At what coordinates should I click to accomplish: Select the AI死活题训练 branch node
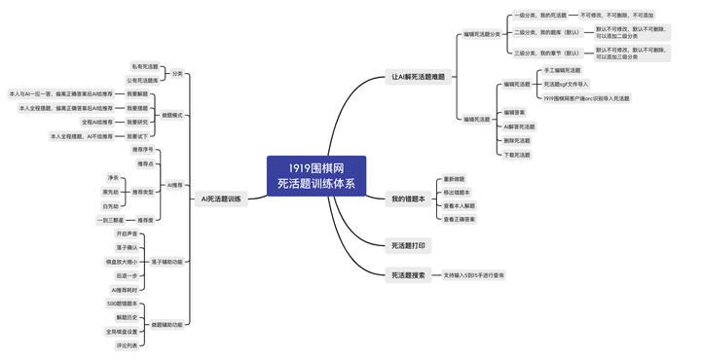point(220,199)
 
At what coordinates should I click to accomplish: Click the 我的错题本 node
point(408,199)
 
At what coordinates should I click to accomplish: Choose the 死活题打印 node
point(407,246)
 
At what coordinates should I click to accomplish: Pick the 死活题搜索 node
point(407,275)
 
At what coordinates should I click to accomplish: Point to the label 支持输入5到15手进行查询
point(473,275)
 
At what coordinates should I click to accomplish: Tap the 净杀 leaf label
point(113,178)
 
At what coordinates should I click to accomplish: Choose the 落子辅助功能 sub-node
point(167,262)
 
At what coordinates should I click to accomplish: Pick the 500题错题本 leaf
point(121,304)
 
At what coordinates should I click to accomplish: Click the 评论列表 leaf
point(129,345)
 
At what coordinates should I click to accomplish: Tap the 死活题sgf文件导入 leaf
point(567,85)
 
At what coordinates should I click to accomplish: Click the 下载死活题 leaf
point(518,155)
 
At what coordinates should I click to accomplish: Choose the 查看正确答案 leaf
point(459,220)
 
